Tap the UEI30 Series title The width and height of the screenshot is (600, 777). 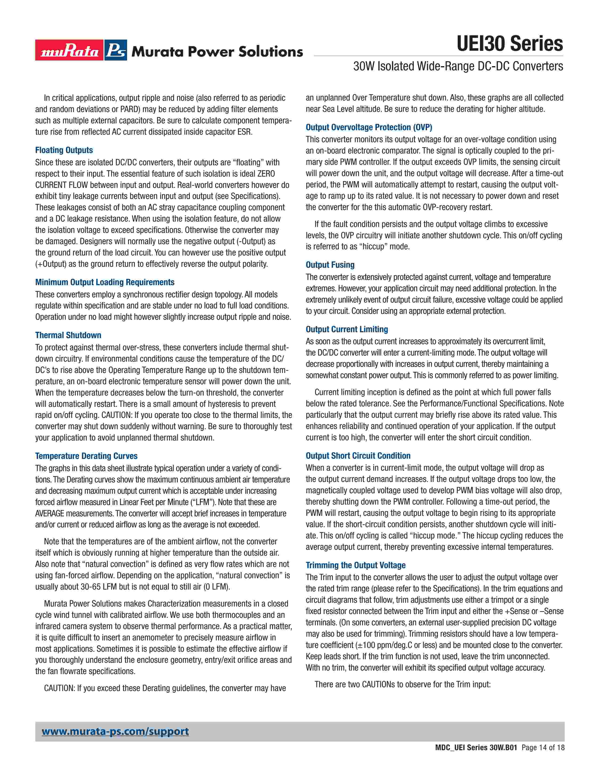[509, 44]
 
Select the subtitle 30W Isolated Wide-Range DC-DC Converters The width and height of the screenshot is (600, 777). [458, 66]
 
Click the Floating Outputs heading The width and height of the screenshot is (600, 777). [64, 150]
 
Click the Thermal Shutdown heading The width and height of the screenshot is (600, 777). [68, 335]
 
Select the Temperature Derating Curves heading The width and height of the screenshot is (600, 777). [86, 456]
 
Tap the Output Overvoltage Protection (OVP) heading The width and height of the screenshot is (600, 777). [369, 127]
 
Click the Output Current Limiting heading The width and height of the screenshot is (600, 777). [347, 329]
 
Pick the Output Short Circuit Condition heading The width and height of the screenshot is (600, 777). [358, 456]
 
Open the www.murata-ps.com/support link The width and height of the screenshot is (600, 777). [115, 732]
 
